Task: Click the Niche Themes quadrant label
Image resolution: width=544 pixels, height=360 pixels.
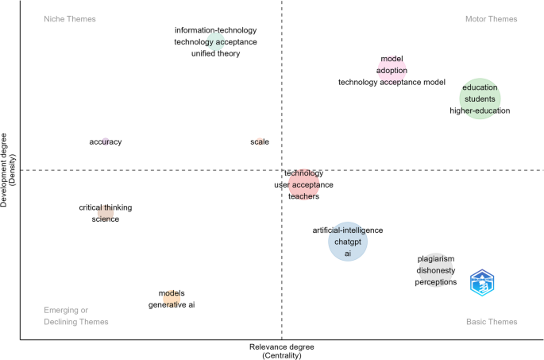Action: (70, 19)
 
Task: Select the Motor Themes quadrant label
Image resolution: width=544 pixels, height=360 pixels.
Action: (491, 19)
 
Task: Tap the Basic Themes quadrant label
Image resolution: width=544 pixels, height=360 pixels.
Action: (491, 322)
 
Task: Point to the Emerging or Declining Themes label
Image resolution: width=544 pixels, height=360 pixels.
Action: (76, 316)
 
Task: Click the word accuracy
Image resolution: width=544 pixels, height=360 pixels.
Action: (106, 142)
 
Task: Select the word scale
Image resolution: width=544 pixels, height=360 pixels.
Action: (260, 142)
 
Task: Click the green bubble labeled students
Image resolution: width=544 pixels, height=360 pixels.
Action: (480, 99)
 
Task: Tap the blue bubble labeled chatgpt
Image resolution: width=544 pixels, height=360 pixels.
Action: (348, 242)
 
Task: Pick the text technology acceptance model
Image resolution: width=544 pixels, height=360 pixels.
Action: (392, 82)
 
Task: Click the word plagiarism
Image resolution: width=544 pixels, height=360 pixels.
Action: (436, 259)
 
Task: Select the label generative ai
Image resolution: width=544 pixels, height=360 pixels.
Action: (172, 305)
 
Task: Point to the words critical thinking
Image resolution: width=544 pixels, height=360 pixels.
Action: (106, 208)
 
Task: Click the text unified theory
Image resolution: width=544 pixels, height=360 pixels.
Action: (215, 54)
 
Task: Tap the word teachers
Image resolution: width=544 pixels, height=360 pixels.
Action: (303, 196)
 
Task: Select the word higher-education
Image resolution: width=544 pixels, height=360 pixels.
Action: (480, 110)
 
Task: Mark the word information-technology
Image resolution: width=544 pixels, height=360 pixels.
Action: (215, 31)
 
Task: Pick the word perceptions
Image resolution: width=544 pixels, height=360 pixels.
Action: (436, 282)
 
